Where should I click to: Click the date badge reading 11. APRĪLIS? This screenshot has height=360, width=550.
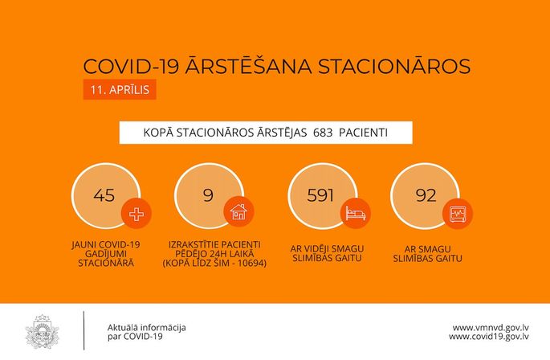coord(120,89)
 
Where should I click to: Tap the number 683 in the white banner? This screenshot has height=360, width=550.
coord(323,133)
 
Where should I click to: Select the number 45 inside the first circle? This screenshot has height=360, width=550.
coord(104,195)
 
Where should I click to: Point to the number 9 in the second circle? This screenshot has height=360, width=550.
coord(208,195)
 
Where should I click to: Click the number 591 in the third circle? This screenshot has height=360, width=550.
coord(320,195)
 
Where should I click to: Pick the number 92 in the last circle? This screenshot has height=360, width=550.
coord(426,195)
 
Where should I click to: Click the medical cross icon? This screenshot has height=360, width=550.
coord(136,214)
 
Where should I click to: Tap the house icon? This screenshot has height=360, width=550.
coord(239,212)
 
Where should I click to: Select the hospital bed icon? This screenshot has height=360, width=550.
coord(356,213)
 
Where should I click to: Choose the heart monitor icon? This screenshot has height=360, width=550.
coord(458,213)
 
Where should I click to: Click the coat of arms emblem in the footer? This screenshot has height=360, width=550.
coord(43,332)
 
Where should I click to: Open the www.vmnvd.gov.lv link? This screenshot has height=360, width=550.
coord(491,328)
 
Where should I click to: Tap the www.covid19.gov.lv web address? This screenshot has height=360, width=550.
coord(489,337)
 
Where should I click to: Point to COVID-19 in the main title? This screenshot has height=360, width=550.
coord(131,67)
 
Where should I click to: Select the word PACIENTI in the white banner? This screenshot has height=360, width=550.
coord(364,133)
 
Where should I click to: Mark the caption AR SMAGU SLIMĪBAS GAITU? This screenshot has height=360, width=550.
coord(427,254)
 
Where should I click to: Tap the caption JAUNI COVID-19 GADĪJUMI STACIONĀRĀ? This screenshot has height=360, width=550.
coord(106,254)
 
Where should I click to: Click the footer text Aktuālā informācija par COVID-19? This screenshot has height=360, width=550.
coord(147,332)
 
